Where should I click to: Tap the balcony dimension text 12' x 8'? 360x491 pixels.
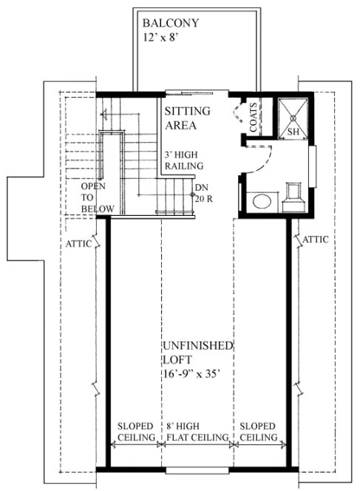(x=163, y=35)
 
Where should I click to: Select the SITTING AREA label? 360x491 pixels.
(x=186, y=118)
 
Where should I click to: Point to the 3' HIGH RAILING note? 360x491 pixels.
(x=185, y=163)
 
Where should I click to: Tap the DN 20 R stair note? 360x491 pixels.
(x=203, y=192)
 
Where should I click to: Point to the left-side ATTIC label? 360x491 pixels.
(x=78, y=243)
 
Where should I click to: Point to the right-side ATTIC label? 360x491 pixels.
(x=316, y=240)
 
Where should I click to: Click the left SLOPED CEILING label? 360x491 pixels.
(x=135, y=433)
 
